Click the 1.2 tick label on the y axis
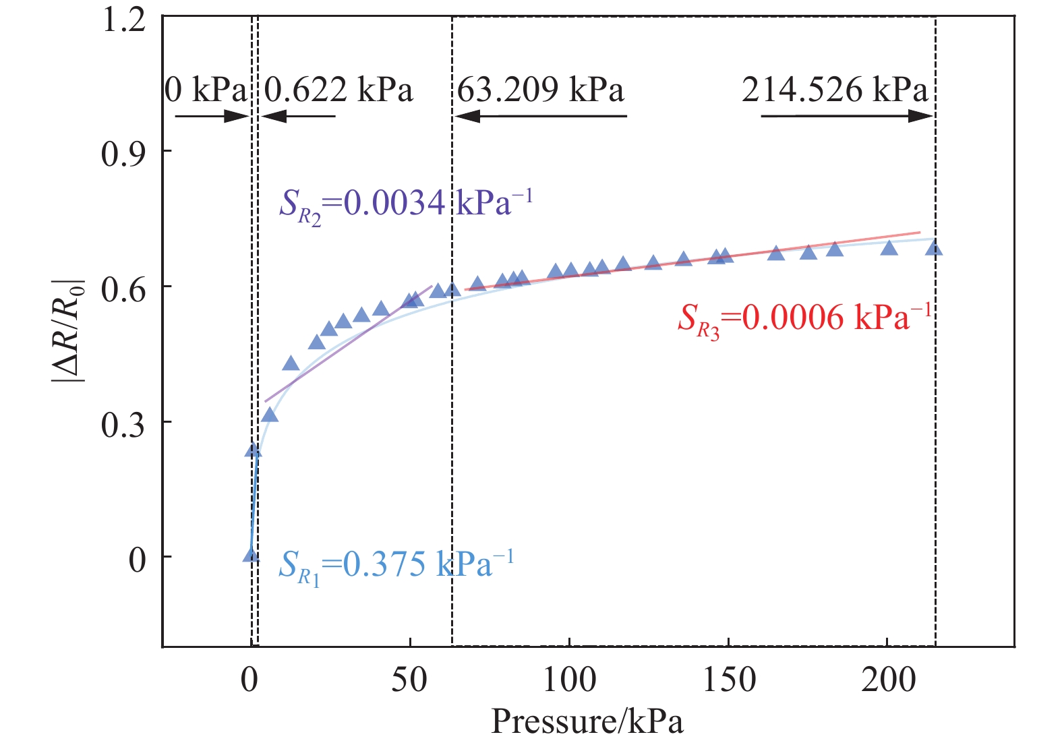(123, 20)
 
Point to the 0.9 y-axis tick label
(123, 154)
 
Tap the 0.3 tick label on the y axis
(123, 425)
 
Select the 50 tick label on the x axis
(409, 680)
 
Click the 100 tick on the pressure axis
(569, 680)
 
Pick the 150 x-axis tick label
(729, 680)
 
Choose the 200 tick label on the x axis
(888, 680)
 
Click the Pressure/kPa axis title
(587, 721)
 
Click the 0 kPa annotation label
(206, 90)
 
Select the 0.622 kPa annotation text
(338, 90)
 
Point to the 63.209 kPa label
(541, 90)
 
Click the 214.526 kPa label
(835, 90)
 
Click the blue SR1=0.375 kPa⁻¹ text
(396, 566)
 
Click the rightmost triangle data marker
(934, 249)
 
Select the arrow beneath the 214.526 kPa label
(847, 116)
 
